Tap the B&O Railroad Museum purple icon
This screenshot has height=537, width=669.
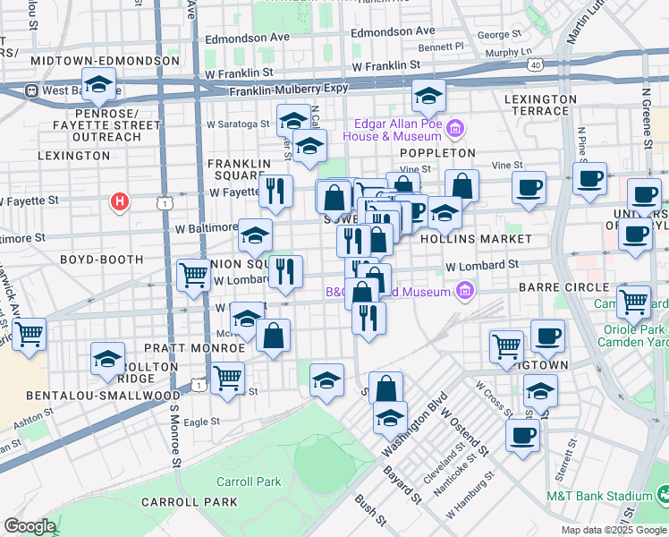coord(463,290)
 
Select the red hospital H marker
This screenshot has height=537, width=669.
coord(118,202)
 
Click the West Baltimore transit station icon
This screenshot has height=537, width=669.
coord(30,90)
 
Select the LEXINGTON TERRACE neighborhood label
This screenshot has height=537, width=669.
coord(539,106)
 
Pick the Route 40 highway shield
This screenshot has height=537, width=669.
coord(535,64)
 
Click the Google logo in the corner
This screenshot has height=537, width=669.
coord(30,525)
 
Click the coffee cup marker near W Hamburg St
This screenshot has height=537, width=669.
coord(522,435)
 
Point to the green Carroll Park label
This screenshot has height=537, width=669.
coord(249,482)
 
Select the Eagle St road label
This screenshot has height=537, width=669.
coord(201,422)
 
